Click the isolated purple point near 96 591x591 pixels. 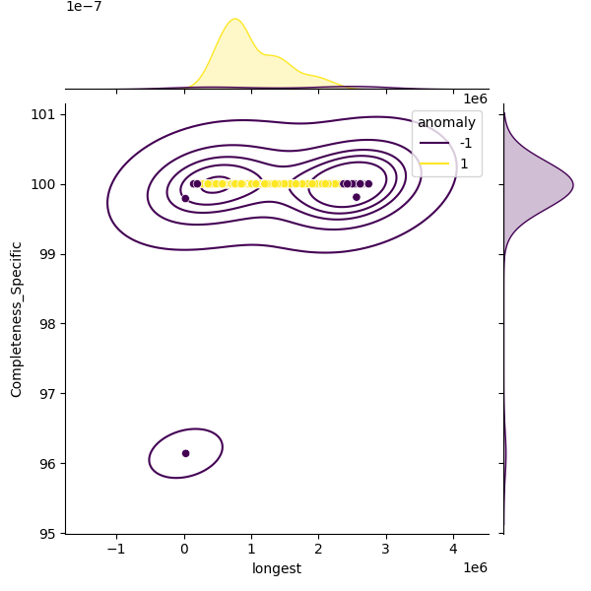coord(185,453)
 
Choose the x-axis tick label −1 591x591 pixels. coord(116,549)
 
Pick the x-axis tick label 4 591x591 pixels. coord(453,549)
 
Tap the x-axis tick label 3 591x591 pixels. coord(386,549)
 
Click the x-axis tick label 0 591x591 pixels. coord(184,549)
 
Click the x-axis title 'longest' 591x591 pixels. coord(277,568)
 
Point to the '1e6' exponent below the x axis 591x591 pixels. coord(476,568)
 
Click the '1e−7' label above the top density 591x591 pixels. coord(84,7)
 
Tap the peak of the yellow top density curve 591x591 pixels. coord(234,19)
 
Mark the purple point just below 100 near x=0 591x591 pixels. coord(185,199)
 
